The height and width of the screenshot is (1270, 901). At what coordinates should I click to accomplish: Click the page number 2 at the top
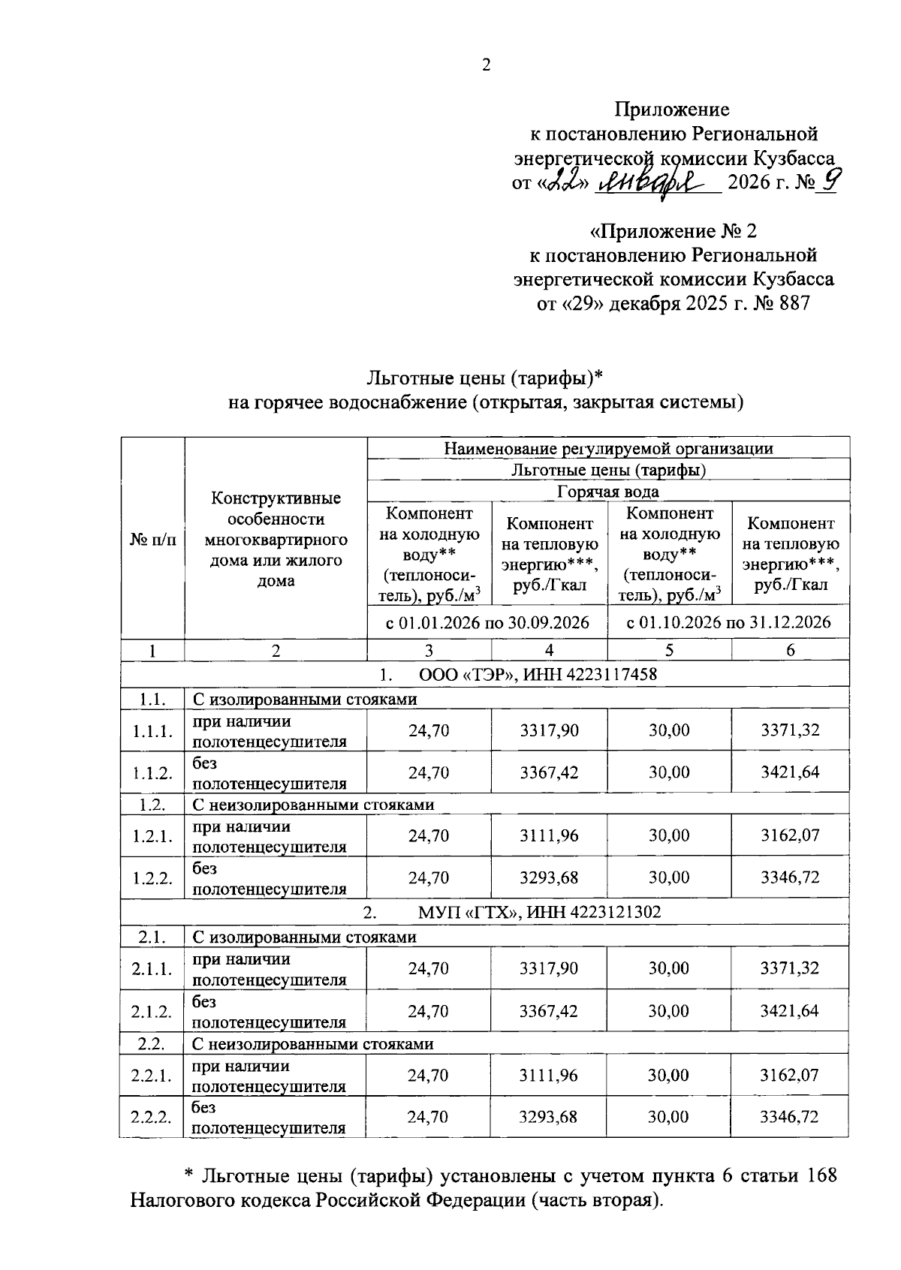tap(486, 65)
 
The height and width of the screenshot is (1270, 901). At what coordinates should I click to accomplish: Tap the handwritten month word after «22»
tap(655, 180)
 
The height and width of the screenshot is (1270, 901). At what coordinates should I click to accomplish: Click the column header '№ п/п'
tap(152, 539)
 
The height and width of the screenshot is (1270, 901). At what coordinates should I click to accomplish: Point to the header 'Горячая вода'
tap(608, 492)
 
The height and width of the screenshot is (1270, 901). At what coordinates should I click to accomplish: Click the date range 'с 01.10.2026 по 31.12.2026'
tap(728, 622)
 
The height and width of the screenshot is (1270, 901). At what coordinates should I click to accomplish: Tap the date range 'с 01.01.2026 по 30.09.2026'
tap(487, 622)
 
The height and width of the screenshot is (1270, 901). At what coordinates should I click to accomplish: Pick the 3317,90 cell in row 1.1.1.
tap(549, 730)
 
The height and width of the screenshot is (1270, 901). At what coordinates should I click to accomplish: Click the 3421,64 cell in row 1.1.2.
tap(790, 772)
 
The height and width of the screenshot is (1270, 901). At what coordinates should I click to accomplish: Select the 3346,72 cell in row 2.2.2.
tap(789, 1117)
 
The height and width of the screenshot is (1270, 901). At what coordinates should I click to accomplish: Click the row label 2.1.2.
tap(152, 1012)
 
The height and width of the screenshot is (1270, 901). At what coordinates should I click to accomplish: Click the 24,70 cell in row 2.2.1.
tap(428, 1075)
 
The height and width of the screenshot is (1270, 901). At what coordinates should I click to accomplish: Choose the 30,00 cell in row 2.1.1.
tap(668, 968)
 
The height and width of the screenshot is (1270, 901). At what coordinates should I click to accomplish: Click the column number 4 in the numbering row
tap(550, 651)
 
